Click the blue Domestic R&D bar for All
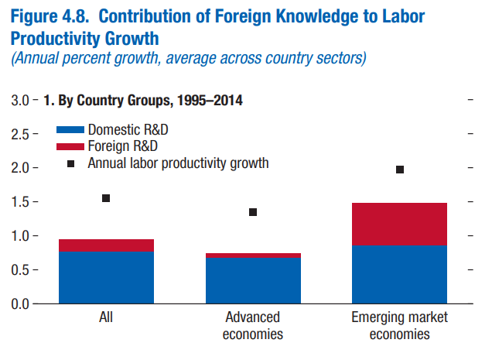click(106, 277)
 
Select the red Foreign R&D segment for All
click(106, 245)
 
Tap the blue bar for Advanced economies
click(253, 280)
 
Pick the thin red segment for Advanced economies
click(253, 255)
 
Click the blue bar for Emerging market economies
click(399, 274)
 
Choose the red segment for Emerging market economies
click(399, 225)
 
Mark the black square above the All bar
click(106, 198)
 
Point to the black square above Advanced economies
click(253, 212)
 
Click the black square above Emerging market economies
click(400, 170)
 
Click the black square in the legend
click(71, 163)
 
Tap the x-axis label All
click(106, 317)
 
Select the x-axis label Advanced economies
click(253, 326)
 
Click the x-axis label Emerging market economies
click(399, 326)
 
